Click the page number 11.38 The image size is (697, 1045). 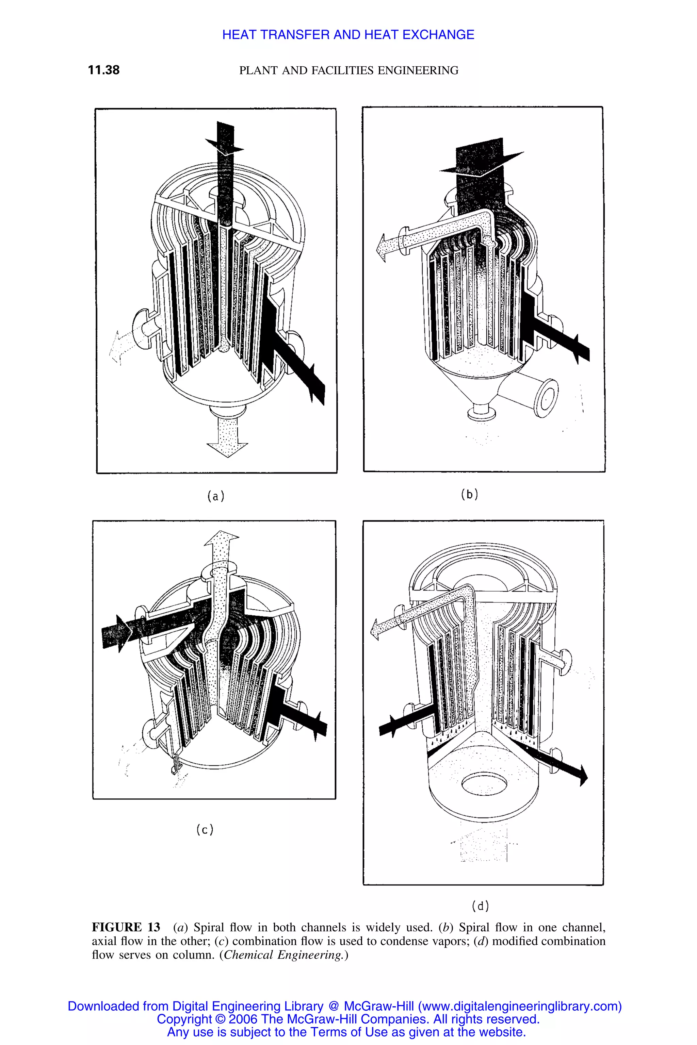pos(103,70)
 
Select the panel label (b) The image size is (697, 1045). pos(469,494)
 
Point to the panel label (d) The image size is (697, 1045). pos(480,905)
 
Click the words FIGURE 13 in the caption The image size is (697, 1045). pos(126,927)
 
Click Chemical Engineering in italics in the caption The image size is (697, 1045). pos(283,955)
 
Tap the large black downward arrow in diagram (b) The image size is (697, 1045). pos(480,162)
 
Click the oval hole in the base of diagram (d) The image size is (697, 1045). pos(484,784)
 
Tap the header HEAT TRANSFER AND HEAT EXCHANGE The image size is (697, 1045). pos(348,35)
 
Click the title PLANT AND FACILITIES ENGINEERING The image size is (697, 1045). pos(348,70)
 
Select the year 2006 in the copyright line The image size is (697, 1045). pos(242,1019)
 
